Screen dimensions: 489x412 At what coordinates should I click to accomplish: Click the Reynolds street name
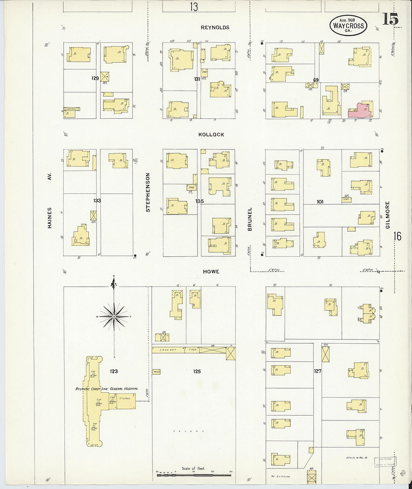click(x=215, y=27)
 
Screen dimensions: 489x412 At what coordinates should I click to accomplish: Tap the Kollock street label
click(x=211, y=135)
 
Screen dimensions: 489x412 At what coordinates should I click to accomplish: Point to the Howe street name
click(x=211, y=272)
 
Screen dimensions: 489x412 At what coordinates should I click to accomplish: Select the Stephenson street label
click(x=148, y=192)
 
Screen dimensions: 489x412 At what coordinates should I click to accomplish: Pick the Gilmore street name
click(x=387, y=215)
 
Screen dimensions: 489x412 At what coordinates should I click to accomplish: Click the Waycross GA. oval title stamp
click(x=348, y=25)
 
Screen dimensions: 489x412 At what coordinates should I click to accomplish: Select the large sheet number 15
click(x=390, y=19)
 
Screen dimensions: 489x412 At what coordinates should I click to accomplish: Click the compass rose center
click(x=114, y=317)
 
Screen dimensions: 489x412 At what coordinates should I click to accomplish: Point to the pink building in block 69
click(x=360, y=111)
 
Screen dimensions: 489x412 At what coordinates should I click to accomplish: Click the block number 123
click(x=113, y=371)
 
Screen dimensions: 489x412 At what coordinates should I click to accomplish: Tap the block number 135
click(x=199, y=201)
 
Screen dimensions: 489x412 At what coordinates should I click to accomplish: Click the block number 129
click(x=95, y=78)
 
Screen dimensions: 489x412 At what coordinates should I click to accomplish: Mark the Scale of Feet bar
click(x=194, y=475)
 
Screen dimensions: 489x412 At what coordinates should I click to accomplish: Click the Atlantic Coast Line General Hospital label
click(x=107, y=389)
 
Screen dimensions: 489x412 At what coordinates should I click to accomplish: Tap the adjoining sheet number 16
click(x=397, y=236)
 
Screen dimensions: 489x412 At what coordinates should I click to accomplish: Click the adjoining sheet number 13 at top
click(x=193, y=7)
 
